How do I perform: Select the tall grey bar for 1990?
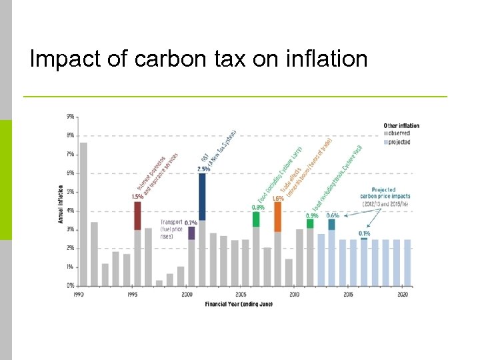pos(83,213)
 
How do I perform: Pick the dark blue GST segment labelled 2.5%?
pos(202,196)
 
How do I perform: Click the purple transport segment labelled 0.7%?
pos(191,233)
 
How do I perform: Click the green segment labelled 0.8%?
pos(256,219)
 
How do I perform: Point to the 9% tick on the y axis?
pos(70,117)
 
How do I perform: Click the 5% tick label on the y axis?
pos(70,192)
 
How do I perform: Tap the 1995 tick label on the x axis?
pos(133,294)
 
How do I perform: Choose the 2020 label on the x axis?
pos(403,294)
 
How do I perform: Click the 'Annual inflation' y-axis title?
pos(61,203)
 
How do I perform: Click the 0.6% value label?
pos(332,215)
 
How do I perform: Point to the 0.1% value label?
pos(365,233)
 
